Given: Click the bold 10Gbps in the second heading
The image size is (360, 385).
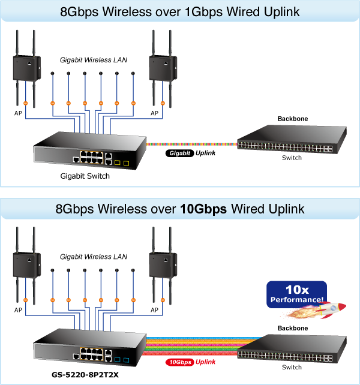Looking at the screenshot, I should coord(203,209).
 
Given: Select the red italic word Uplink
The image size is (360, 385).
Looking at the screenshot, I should coord(206,362).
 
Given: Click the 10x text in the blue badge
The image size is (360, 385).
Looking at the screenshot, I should coord(297,289).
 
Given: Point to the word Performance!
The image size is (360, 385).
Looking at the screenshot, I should coord(297,299).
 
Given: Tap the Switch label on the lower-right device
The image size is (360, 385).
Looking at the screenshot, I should coord(292,366).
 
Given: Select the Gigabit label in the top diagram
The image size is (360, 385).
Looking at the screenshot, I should coord(180,154).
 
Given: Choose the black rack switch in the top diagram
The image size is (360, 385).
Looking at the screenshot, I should coord(292,142).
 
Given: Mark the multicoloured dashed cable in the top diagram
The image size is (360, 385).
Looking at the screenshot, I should coord(192,145).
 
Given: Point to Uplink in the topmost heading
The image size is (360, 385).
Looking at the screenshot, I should coord(281,12).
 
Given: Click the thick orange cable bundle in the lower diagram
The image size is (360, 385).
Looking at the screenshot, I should coord(198,347).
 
